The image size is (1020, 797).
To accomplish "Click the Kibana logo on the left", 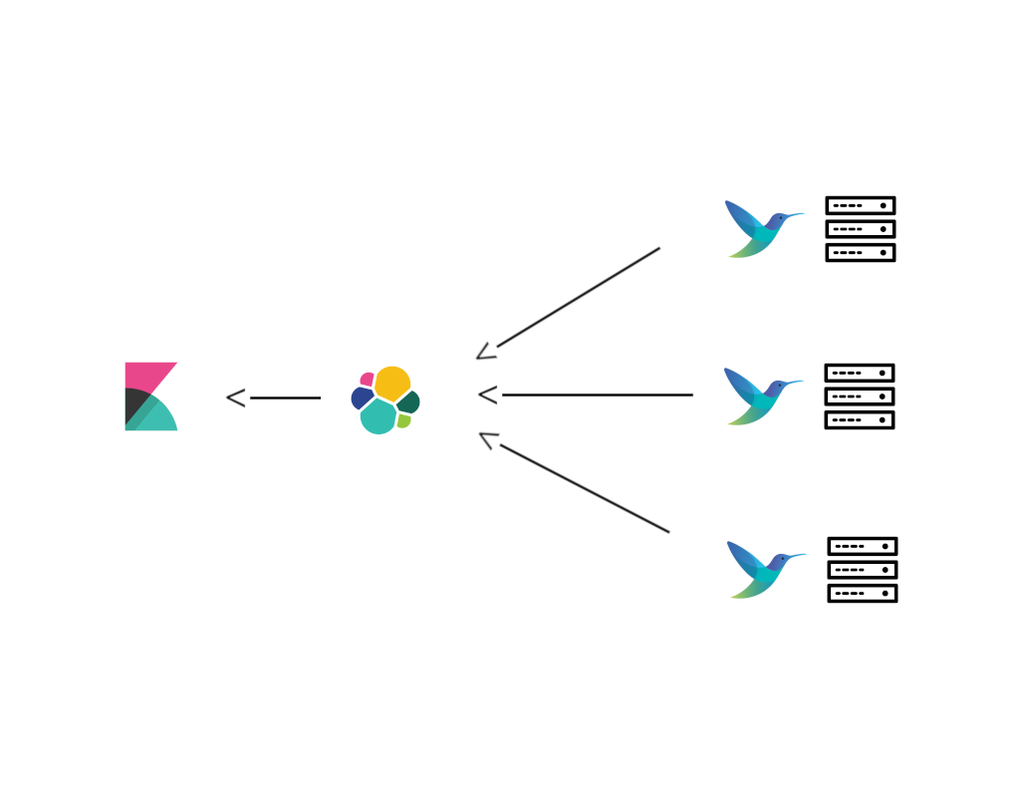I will coord(150,397).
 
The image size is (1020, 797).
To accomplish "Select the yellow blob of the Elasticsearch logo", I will coord(392,383).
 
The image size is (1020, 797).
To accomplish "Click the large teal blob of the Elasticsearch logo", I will coord(379,416).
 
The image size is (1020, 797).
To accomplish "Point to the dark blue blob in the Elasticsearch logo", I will coord(361,398).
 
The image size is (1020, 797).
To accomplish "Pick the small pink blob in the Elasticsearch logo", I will coord(368,379).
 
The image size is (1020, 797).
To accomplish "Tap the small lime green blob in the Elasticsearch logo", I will coord(403,420).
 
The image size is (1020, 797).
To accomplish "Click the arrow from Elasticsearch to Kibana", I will coord(274,398).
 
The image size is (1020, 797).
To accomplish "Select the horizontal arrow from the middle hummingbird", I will coord(588,395).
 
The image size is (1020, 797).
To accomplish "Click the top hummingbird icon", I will coord(759,230).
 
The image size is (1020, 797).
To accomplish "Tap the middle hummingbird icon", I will coord(759,398).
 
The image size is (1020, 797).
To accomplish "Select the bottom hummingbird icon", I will coord(761,570).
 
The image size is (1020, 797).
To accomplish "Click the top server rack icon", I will coord(861,229).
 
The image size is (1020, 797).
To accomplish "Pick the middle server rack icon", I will coord(860,397).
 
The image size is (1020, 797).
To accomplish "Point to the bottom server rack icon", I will coord(863,570).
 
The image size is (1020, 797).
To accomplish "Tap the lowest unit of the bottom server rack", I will coord(863,594).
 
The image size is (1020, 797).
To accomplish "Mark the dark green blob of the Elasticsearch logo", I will coord(409,401).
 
